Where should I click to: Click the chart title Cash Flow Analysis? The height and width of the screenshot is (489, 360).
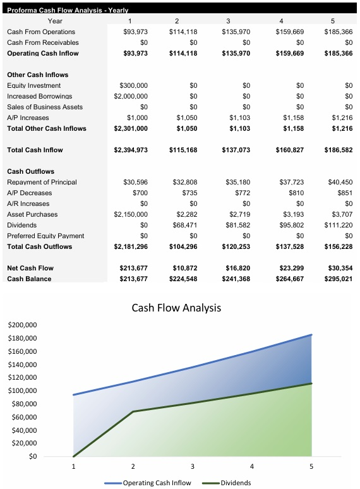pos(177,308)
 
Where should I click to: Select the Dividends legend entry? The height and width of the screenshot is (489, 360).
pos(235,483)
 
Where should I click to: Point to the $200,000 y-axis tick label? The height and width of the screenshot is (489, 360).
pos(22,325)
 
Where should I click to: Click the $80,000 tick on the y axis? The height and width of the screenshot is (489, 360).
pos(24,404)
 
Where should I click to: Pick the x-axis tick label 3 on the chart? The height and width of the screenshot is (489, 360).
pos(192,467)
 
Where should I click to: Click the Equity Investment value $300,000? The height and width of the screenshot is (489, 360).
pos(133,85)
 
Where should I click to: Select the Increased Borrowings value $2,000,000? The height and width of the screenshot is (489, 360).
pos(131,96)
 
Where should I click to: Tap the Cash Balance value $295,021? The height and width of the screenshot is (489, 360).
pos(338,279)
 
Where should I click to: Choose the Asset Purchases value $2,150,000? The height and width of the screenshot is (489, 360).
pos(131,214)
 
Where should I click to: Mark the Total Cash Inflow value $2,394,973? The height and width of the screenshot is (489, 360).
pos(131,150)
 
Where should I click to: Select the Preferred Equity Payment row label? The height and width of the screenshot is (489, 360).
pos(45,236)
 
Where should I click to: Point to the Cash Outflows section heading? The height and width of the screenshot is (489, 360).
pos(30,171)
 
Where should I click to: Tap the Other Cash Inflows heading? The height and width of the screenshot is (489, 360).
pos(37,75)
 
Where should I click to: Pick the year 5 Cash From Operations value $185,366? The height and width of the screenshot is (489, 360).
pos(338,32)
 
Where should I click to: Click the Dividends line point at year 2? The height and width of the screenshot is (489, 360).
pos(133,411)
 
